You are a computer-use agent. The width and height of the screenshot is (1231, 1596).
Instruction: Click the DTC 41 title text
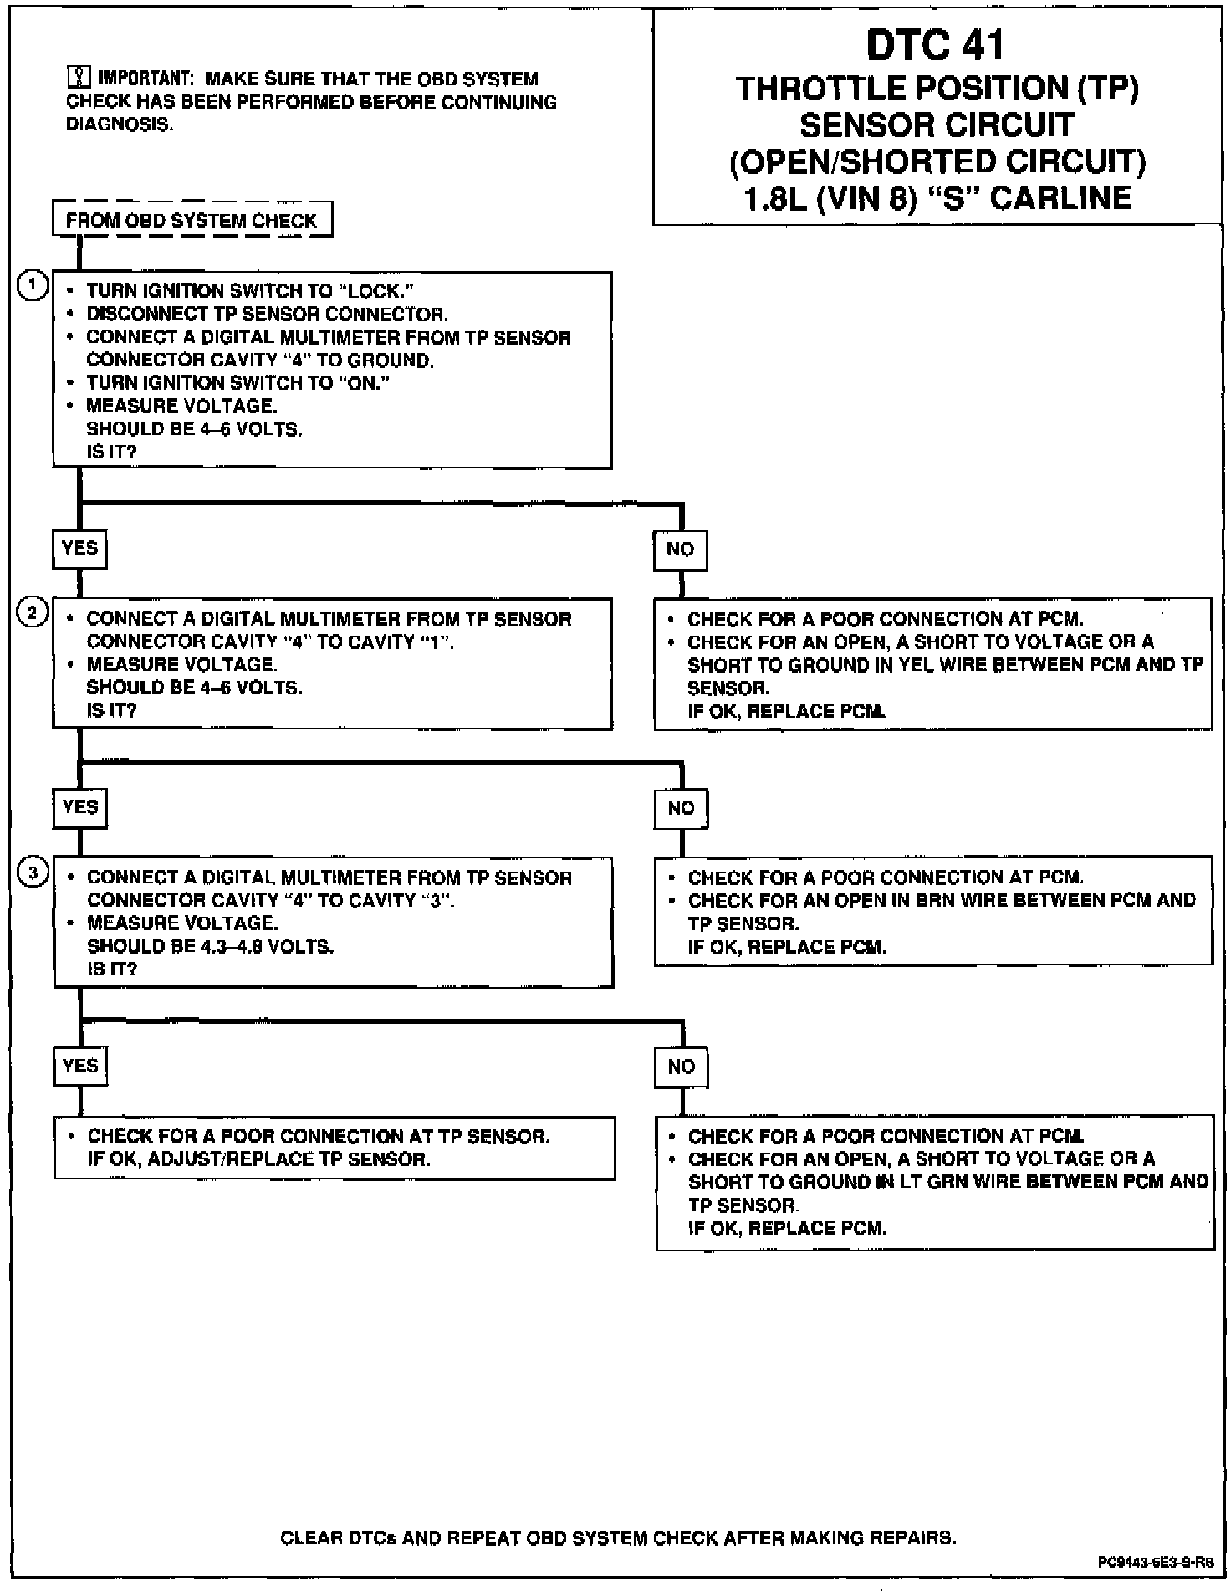(x=935, y=45)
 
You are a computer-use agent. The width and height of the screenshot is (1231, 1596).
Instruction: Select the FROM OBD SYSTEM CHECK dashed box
(x=192, y=221)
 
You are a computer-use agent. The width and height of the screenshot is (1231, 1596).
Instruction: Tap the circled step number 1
(x=32, y=286)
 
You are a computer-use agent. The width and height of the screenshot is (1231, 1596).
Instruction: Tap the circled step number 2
(x=32, y=613)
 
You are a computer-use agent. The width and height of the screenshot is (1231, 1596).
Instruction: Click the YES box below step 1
(x=80, y=549)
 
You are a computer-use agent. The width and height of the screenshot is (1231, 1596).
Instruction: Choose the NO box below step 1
(x=680, y=550)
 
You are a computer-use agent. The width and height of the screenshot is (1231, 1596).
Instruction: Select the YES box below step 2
(x=80, y=807)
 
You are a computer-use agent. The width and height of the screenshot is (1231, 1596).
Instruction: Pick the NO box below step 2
(x=681, y=808)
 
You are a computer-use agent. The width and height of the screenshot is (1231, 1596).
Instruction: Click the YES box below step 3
(x=80, y=1066)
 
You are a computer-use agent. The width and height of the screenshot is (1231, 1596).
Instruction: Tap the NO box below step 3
(x=682, y=1067)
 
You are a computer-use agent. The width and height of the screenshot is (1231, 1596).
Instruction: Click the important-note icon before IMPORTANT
(x=77, y=78)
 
